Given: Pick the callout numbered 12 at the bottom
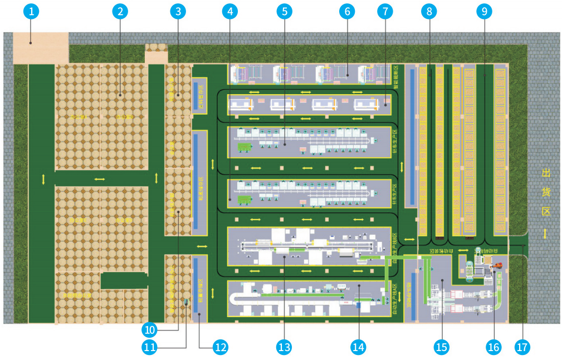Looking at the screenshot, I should point(221,347).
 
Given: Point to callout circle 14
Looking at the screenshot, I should point(359,347).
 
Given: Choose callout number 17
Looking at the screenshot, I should point(522,347).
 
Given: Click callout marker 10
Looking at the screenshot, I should point(149,329).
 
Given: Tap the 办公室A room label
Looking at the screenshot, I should point(77,118).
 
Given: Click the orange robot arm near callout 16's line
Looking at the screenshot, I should point(500,266).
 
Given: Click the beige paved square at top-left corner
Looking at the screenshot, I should point(40,47).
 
